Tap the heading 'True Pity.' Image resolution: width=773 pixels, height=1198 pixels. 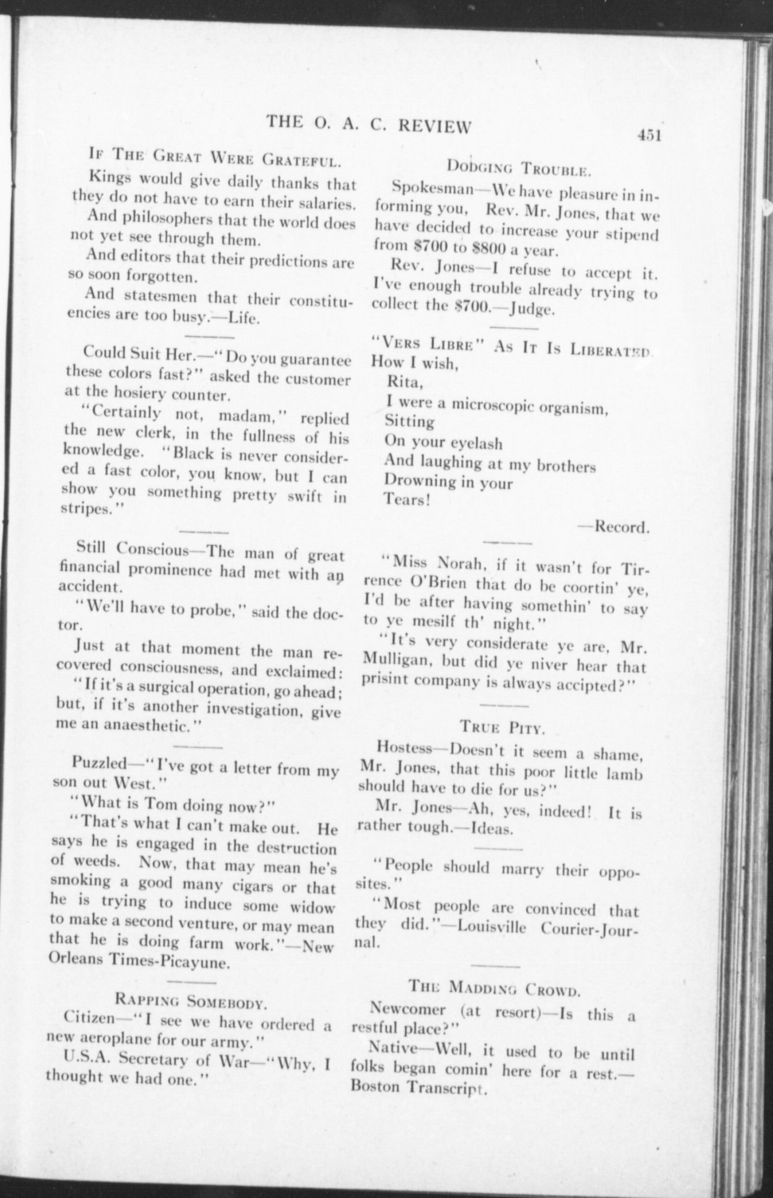point(502,727)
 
